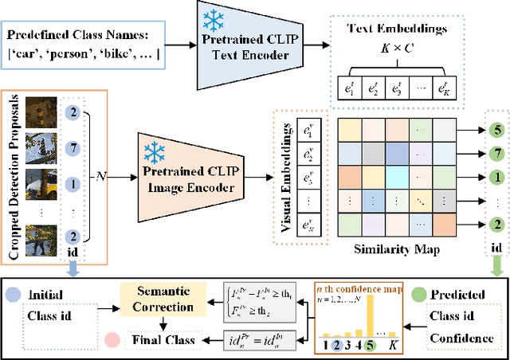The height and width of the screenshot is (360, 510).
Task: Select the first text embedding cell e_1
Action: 345,88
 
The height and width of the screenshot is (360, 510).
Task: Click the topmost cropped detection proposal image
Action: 41,113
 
